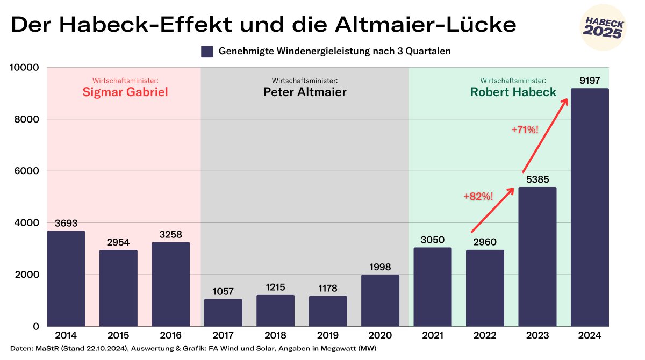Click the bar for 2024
pos(590,207)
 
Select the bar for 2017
pos(223,313)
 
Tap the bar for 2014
pos(66,278)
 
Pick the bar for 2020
pos(380,300)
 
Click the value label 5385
pos(537,179)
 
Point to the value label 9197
pos(590,81)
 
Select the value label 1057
pos(223,291)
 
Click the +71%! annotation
pos(524,129)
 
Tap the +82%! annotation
pos(478,197)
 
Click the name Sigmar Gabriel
pos(125,92)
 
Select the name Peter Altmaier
pos(305,92)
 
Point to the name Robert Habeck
pos(513,92)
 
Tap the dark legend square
pos(207,52)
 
